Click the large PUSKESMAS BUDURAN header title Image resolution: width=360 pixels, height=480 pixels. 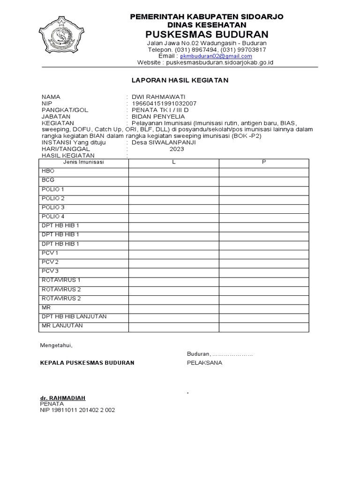[206, 34]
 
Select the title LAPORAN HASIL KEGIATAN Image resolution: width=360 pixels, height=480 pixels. [180, 80]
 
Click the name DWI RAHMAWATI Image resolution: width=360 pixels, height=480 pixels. [158, 97]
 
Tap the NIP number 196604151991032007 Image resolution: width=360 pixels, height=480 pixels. [164, 103]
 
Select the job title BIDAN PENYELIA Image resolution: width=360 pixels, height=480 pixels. [158, 116]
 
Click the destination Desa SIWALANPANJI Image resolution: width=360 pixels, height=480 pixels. [164, 142]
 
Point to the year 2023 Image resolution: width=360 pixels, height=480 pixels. [177, 149]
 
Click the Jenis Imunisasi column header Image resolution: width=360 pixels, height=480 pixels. [83, 162]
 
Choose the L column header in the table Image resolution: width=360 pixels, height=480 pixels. [173, 162]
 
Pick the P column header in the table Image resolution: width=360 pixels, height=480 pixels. [264, 162]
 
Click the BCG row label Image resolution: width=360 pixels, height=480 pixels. [48, 180]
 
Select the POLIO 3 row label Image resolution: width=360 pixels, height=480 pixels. [53, 208]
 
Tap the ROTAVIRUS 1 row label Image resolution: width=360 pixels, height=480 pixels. [61, 280]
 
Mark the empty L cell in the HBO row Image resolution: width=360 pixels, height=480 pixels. [173, 172]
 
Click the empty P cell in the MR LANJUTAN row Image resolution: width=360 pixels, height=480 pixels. [264, 326]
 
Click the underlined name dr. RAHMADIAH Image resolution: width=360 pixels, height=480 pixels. [63, 398]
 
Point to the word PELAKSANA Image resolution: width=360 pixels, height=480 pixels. [204, 363]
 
